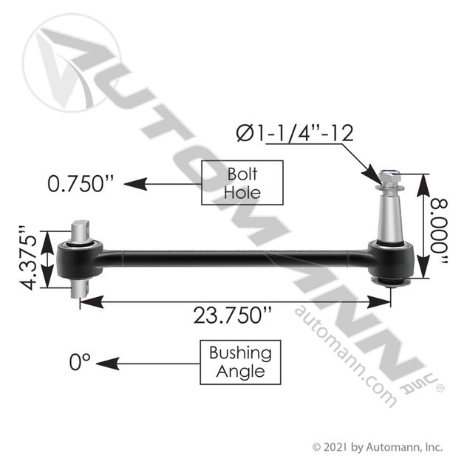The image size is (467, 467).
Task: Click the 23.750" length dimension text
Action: click(x=233, y=315)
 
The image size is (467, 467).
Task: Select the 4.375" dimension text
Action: click(x=28, y=258)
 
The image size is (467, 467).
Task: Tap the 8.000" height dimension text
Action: click(x=439, y=231)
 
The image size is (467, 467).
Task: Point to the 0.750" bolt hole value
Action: click(x=81, y=183)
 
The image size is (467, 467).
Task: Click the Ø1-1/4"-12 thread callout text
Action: click(x=295, y=133)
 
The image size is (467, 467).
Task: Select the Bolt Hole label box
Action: click(x=242, y=183)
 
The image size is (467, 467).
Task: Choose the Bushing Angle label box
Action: click(x=240, y=362)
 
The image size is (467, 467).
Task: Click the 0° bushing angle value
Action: click(x=80, y=362)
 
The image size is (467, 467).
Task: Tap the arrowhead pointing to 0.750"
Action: click(x=135, y=184)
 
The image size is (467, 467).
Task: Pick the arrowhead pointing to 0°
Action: click(x=108, y=364)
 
